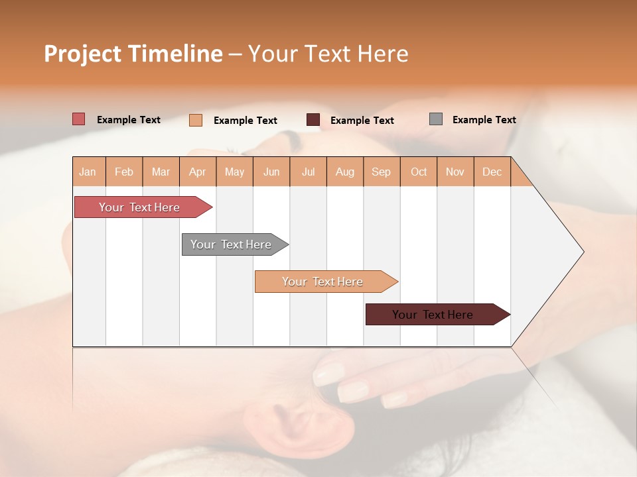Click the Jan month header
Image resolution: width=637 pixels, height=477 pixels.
click(x=88, y=172)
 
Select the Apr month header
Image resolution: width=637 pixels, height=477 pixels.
click(x=198, y=172)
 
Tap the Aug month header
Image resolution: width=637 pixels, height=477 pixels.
click(x=345, y=172)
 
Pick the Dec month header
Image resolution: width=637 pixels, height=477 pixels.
click(x=492, y=172)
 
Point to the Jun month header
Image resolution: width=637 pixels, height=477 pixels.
click(x=271, y=172)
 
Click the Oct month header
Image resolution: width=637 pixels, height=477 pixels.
click(x=419, y=172)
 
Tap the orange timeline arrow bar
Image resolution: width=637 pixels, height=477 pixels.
click(x=323, y=282)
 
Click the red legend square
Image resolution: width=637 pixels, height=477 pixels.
click(x=79, y=119)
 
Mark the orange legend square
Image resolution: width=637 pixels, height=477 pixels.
click(x=196, y=120)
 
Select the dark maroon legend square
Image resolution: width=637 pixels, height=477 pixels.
click(x=313, y=120)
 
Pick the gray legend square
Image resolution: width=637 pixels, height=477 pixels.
click(x=436, y=119)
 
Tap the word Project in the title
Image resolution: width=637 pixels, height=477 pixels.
click(x=82, y=54)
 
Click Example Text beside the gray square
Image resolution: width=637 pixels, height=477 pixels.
click(x=484, y=120)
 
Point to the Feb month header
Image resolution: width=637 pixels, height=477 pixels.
click(x=124, y=172)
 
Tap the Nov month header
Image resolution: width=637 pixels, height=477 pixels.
click(x=455, y=172)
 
